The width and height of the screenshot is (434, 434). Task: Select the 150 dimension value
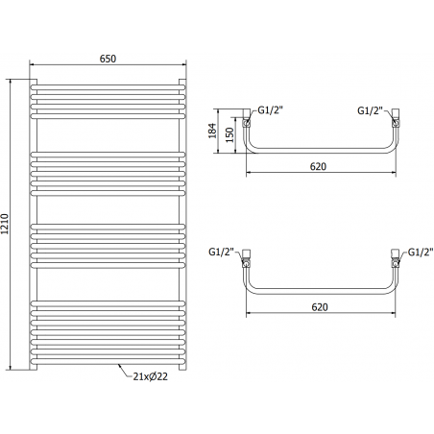[x=229, y=133]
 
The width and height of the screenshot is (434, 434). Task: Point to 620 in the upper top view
[x=320, y=167]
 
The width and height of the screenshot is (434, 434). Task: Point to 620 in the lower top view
[x=320, y=306]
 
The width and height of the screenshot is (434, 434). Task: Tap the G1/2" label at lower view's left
[x=222, y=252]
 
